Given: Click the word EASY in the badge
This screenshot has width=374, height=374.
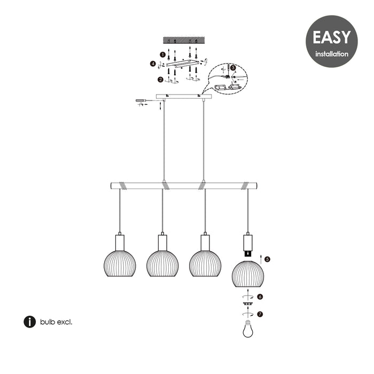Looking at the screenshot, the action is click(332, 37).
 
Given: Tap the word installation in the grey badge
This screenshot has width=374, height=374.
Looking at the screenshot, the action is click(332, 54).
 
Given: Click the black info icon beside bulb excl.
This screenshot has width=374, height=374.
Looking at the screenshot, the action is click(29, 322).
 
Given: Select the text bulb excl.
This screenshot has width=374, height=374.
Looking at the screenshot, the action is click(56, 322).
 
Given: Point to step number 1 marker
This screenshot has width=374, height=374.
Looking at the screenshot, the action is click(162, 54).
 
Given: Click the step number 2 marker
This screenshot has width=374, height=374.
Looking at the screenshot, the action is click(160, 80).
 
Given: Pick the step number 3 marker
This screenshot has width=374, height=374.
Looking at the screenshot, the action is click(233, 67).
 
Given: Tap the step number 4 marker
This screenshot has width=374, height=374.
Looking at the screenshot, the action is click(153, 64).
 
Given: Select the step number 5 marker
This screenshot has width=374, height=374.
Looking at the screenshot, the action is click(267, 259).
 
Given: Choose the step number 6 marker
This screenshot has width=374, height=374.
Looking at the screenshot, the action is click(260, 297).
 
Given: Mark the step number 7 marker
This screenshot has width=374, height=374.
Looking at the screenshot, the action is click(260, 314).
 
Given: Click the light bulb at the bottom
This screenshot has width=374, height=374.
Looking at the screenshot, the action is click(248, 329).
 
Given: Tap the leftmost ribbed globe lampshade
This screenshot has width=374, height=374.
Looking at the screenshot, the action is click(120, 263).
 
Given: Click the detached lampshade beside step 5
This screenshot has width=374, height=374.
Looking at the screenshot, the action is click(248, 274).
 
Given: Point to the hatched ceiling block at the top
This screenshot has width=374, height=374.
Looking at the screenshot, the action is click(184, 40).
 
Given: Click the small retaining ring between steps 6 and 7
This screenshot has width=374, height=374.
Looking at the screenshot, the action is click(248, 303).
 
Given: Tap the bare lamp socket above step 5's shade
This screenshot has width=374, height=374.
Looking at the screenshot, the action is click(248, 246).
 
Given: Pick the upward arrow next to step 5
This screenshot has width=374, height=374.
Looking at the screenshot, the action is click(261, 259).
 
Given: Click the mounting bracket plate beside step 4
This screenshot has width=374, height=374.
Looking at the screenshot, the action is click(183, 63).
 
